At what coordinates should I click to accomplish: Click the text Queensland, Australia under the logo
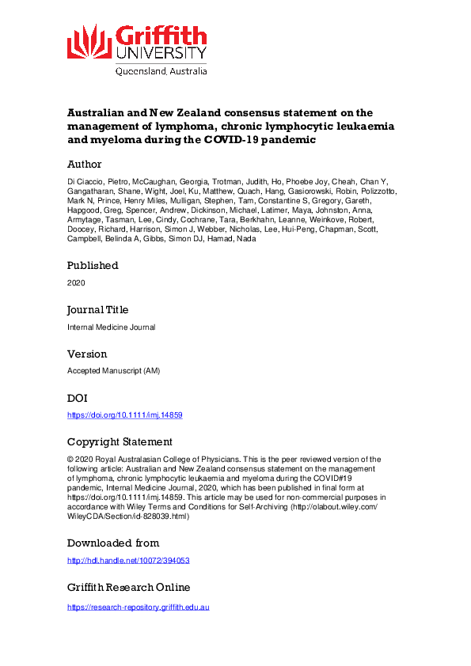161,70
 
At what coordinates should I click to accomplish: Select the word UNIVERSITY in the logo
161,52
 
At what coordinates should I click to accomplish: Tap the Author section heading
84,165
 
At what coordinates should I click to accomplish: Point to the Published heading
93,265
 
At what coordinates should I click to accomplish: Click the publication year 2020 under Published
76,282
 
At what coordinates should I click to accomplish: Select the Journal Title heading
97,309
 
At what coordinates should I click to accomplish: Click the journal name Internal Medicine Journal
111,327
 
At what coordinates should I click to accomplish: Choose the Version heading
87,354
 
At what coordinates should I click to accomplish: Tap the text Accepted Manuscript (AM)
112,371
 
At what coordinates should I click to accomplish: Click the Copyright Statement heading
120,442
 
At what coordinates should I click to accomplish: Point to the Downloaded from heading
113,543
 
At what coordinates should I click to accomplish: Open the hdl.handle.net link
128,561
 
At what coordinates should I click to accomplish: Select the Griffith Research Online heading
128,587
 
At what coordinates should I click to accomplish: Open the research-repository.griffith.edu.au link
138,607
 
